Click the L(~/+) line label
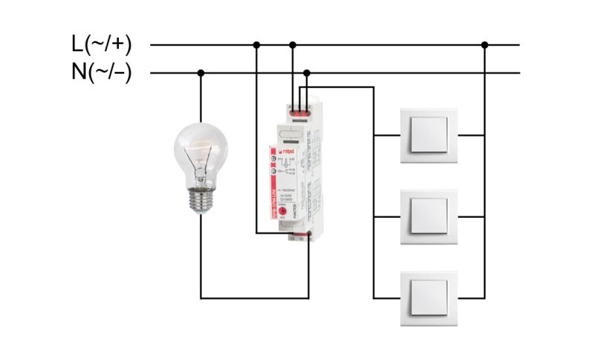[102, 45]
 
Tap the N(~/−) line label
[102, 73]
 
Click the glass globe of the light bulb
[200, 152]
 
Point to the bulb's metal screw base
[200, 200]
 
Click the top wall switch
[425, 135]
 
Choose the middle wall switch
[425, 216]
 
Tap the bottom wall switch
[425, 297]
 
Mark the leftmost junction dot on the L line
[257, 45]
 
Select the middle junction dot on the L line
[292, 45]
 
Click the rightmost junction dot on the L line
[484, 45]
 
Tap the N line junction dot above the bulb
[200, 73]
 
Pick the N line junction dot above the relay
[307, 73]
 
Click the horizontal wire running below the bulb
[254, 299]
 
